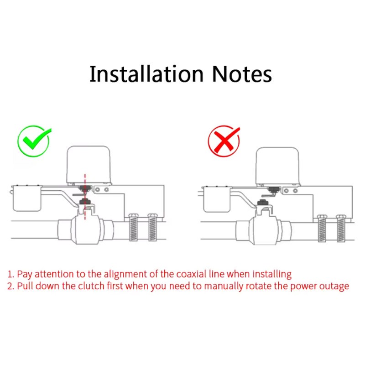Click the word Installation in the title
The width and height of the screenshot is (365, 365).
tap(146, 74)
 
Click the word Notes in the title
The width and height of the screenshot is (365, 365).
tap(242, 74)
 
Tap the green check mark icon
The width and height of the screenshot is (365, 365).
tap(34, 141)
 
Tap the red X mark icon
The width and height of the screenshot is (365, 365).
tap(224, 141)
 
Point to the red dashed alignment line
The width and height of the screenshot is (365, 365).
tap(85, 197)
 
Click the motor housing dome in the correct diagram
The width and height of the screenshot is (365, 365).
tap(89, 165)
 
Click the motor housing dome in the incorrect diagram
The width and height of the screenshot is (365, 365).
tap(277, 166)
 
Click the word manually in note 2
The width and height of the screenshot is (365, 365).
tap(224, 287)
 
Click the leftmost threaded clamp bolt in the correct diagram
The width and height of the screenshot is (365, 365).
tap(133, 227)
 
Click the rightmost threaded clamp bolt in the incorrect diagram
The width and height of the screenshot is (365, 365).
tap(341, 229)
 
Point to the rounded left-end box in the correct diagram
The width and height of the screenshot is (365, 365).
tap(27, 198)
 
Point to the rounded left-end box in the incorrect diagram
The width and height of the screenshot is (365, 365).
tap(217, 199)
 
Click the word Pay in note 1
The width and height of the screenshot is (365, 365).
tap(25, 275)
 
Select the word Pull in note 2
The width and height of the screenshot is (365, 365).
tap(25, 286)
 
